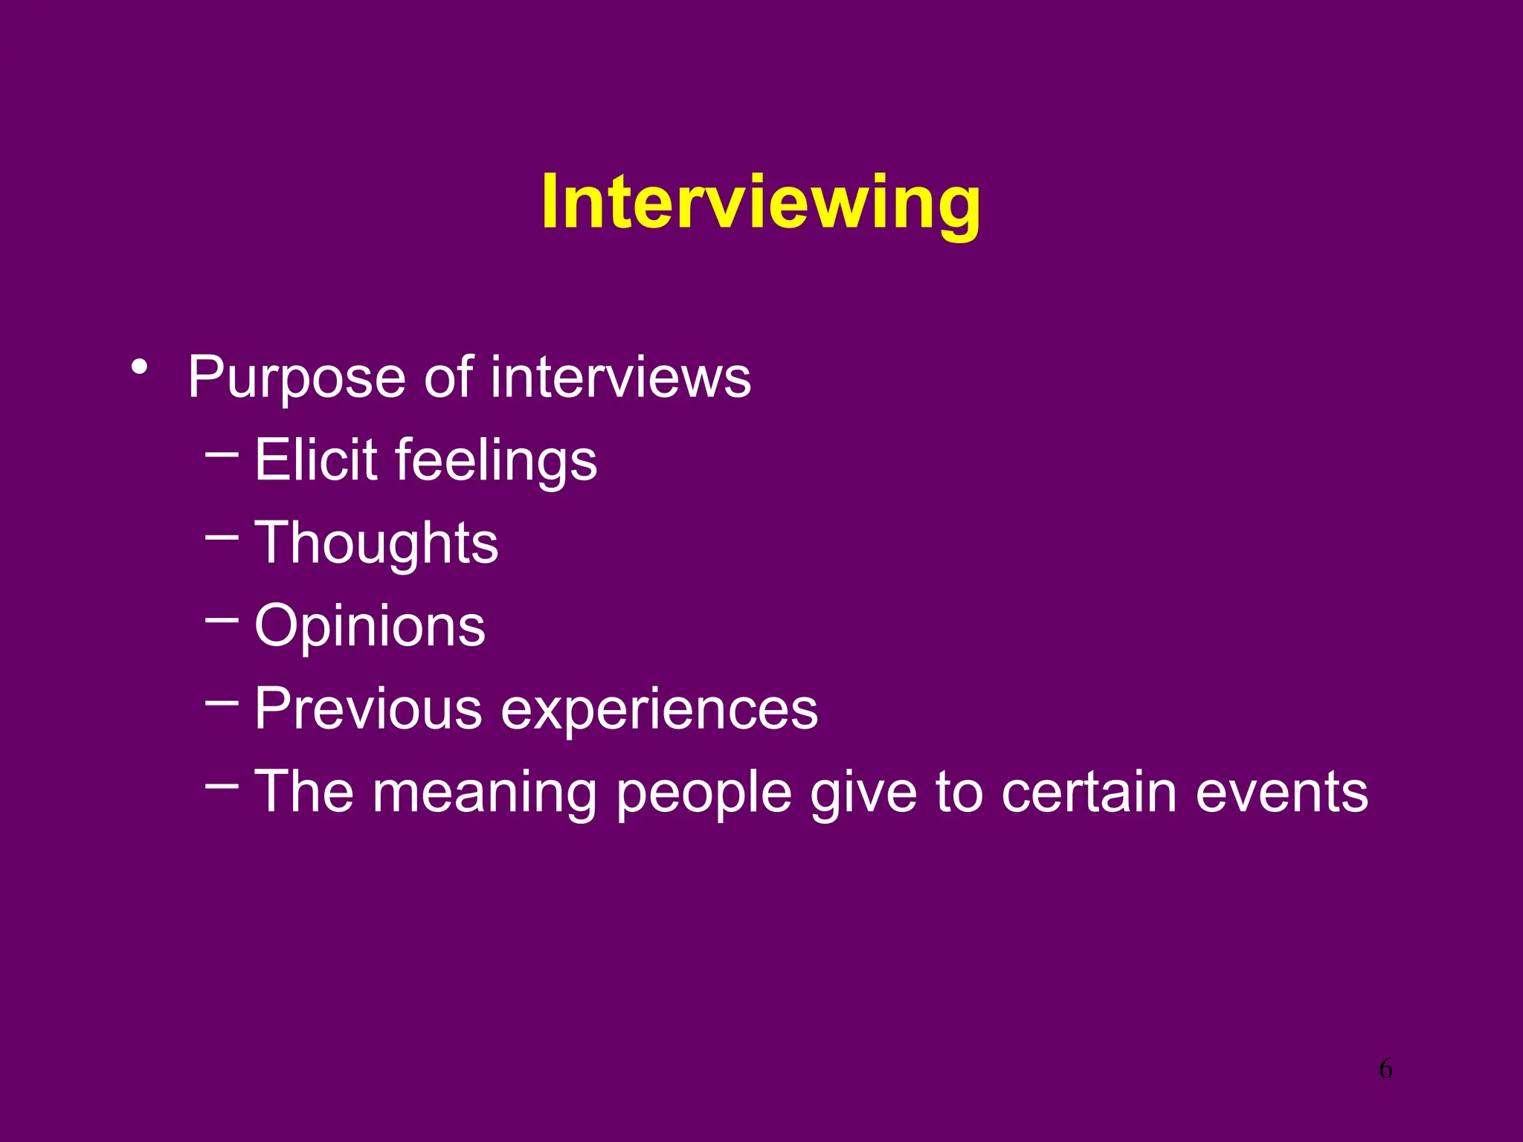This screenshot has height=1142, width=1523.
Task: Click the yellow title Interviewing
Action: click(760, 202)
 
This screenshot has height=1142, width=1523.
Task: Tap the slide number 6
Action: click(1385, 1068)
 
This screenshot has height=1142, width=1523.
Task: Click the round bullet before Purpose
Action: click(139, 367)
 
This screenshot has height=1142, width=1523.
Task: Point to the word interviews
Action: click(620, 378)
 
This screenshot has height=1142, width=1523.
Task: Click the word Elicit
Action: click(316, 459)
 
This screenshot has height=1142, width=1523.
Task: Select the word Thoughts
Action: click(376, 543)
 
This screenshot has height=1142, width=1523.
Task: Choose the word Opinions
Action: click(370, 627)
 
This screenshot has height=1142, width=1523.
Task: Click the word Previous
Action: click(368, 709)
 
